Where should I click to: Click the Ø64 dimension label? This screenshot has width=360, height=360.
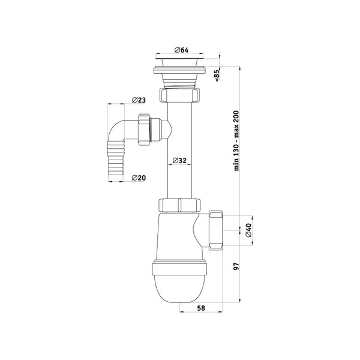coord(181,50)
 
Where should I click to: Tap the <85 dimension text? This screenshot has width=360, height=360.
coord(217,76)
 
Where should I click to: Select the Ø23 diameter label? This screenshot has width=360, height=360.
coord(139,100)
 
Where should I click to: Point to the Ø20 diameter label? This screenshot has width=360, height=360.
coord(139,178)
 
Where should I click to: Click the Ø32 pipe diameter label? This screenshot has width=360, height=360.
coord(179,160)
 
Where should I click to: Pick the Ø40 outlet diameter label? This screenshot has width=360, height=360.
coord(248,230)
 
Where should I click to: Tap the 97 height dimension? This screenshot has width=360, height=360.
coord(236,266)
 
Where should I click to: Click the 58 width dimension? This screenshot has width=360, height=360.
coord(201,308)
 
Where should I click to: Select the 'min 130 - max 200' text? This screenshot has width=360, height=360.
coord(236,141)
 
